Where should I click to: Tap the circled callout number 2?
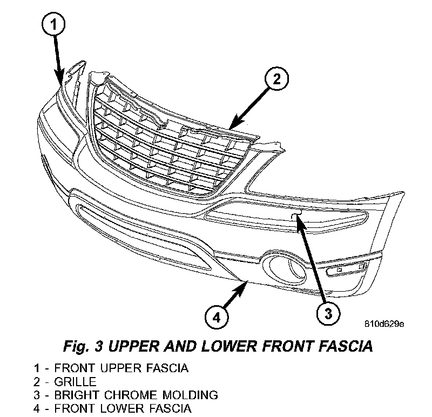click(275, 80)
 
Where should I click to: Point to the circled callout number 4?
click(216, 317)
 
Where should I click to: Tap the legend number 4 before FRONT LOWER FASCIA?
click(36, 408)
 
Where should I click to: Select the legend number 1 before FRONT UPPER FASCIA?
click(36, 369)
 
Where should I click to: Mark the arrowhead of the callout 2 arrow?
click(231, 126)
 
